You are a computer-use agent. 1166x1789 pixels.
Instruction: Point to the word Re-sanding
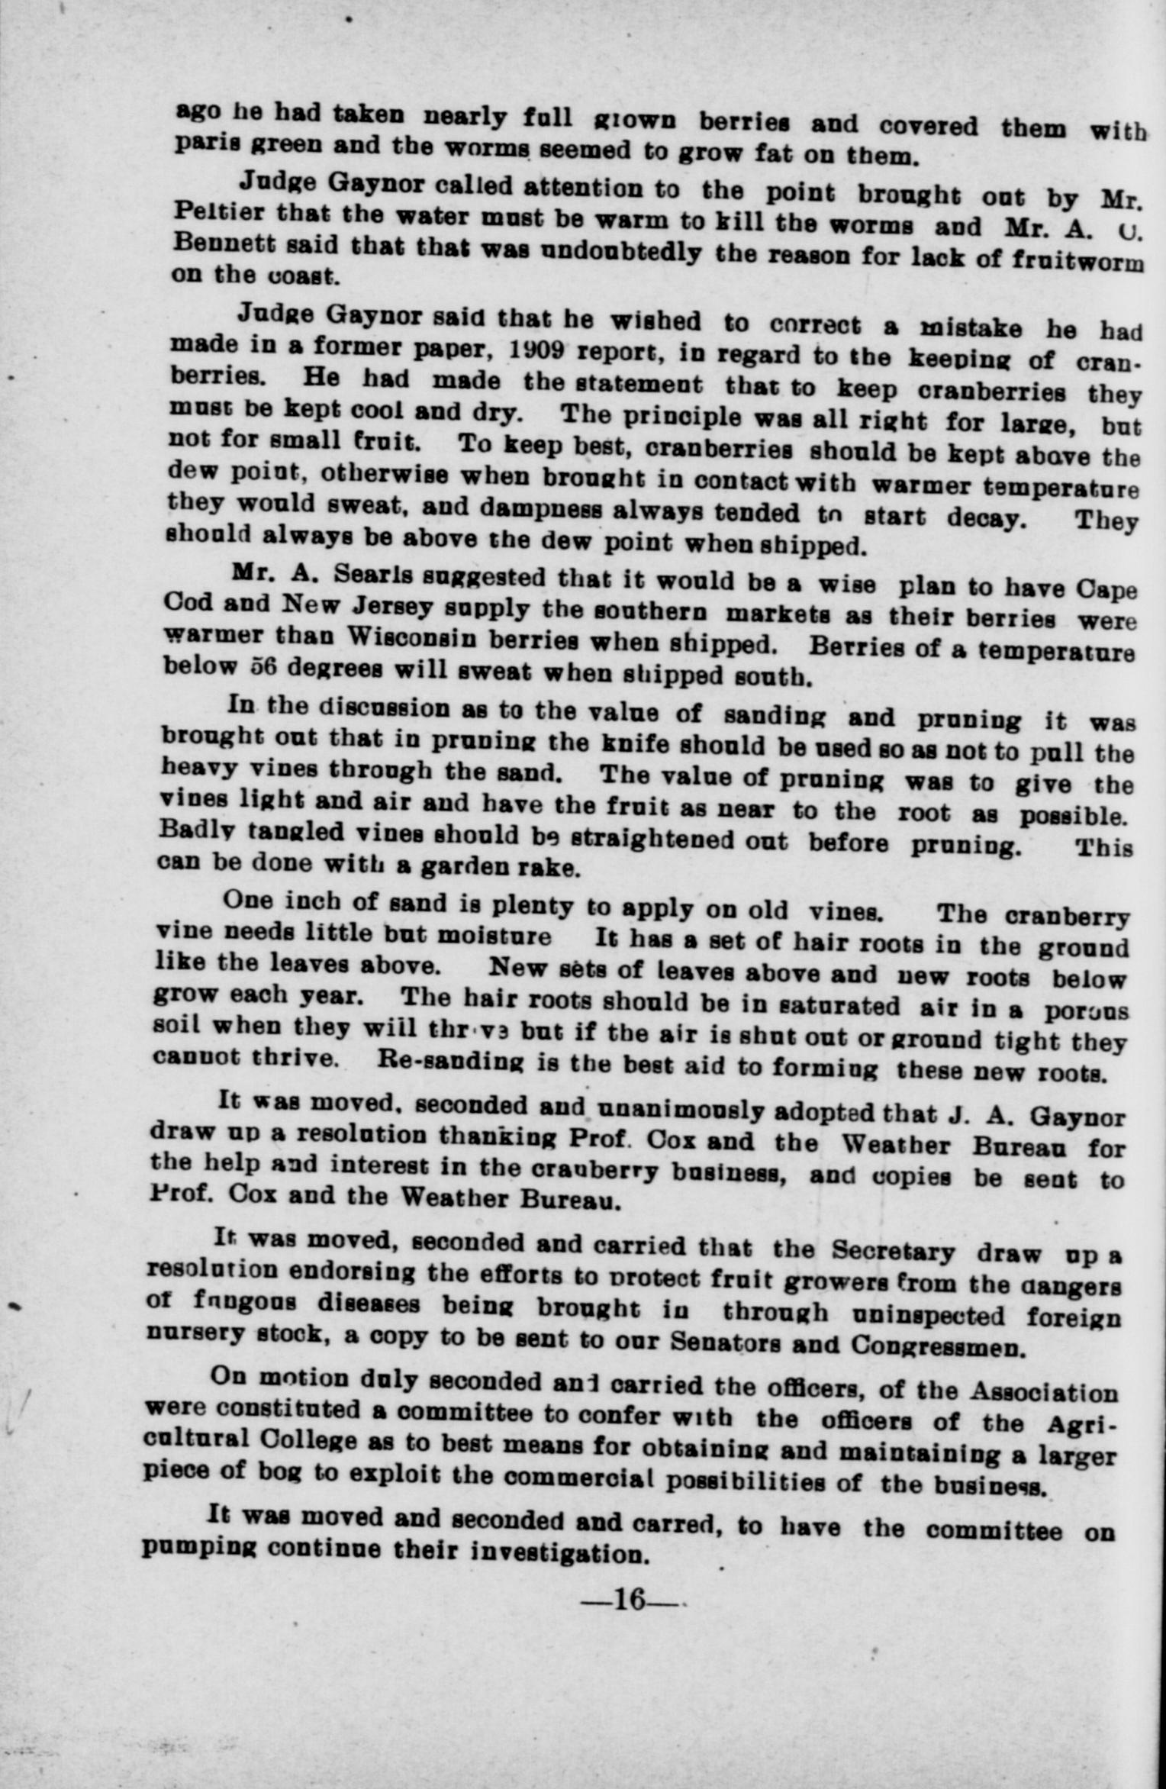(440, 1063)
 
